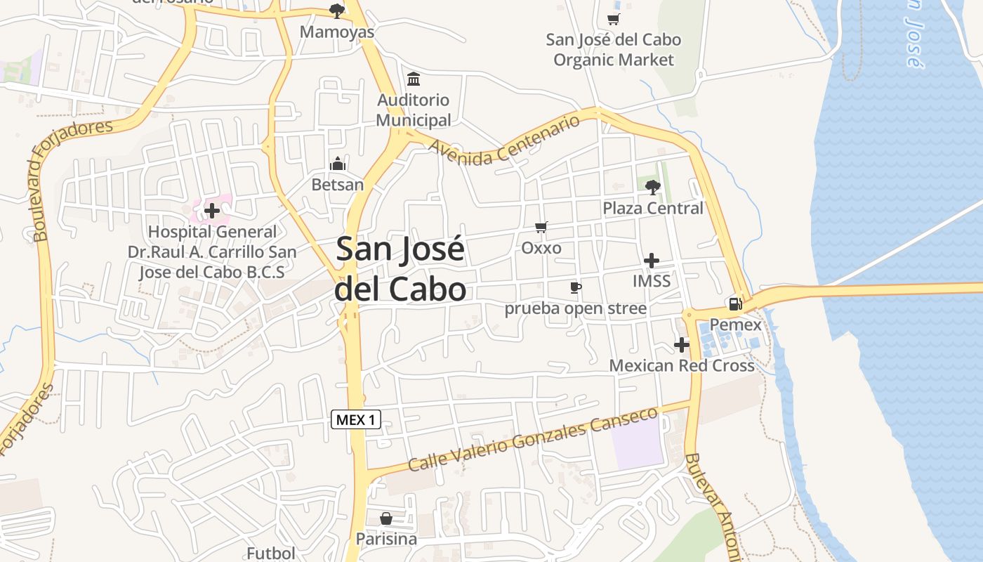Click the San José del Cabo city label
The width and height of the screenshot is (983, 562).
(400, 269)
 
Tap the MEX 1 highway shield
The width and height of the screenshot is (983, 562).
(356, 420)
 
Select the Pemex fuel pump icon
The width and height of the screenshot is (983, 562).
(735, 304)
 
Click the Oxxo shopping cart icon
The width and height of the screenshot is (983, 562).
(541, 227)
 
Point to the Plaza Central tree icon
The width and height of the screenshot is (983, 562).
(653, 187)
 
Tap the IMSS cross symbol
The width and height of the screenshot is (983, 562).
(652, 261)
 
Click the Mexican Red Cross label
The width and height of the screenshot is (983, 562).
(682, 365)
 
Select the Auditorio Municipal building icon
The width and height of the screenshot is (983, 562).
(414, 79)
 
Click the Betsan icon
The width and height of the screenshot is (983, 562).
(338, 164)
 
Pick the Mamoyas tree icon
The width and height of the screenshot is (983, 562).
(337, 11)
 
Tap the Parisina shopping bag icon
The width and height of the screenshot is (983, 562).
(386, 519)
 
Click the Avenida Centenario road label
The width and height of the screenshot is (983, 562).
(505, 140)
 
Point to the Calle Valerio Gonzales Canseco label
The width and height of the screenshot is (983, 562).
(534, 440)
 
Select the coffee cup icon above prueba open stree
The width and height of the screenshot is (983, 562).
(576, 287)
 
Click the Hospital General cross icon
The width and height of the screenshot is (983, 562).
(212, 210)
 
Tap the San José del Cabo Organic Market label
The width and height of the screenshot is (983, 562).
(614, 50)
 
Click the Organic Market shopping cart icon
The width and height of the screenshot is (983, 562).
(614, 19)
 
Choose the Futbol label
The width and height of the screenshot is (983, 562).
(271, 553)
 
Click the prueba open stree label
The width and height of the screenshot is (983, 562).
(576, 309)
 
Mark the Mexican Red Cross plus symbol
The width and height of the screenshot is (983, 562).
(681, 345)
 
